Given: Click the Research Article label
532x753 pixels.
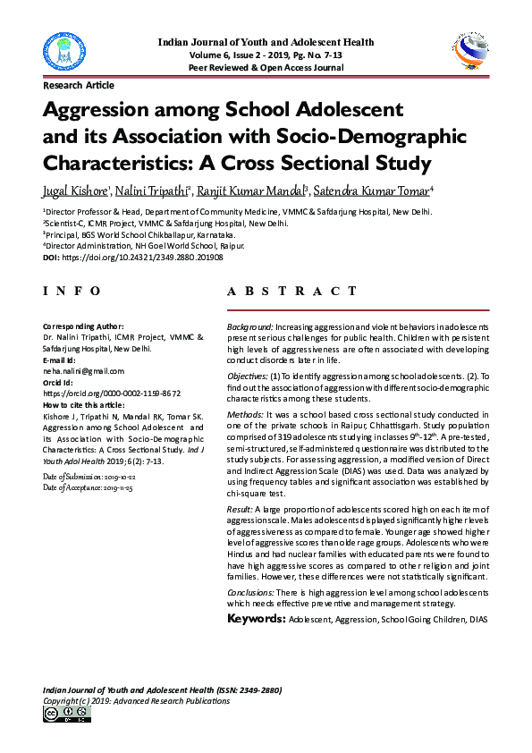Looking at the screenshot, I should (79, 86).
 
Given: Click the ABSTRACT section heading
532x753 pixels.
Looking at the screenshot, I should (298, 292).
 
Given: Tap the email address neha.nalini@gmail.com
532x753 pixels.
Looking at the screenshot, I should (84, 370).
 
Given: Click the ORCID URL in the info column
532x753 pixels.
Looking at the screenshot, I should (112, 393).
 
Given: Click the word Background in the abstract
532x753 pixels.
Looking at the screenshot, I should (250, 328).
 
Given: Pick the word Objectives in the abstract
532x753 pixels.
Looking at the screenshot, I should (248, 377).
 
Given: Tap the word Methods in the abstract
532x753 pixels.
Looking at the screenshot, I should (245, 414).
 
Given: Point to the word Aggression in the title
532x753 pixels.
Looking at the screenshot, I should (98, 112).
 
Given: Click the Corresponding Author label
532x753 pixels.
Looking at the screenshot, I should (83, 326).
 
